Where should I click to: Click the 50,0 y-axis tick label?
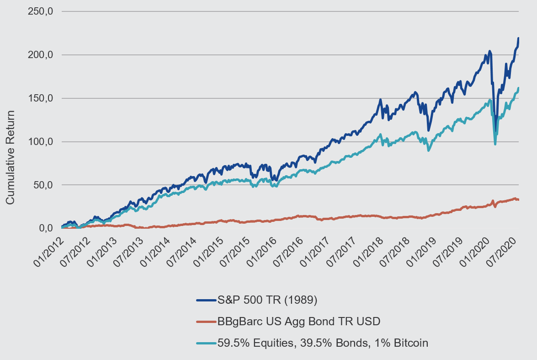(43, 185)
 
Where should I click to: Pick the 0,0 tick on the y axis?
(46, 228)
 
